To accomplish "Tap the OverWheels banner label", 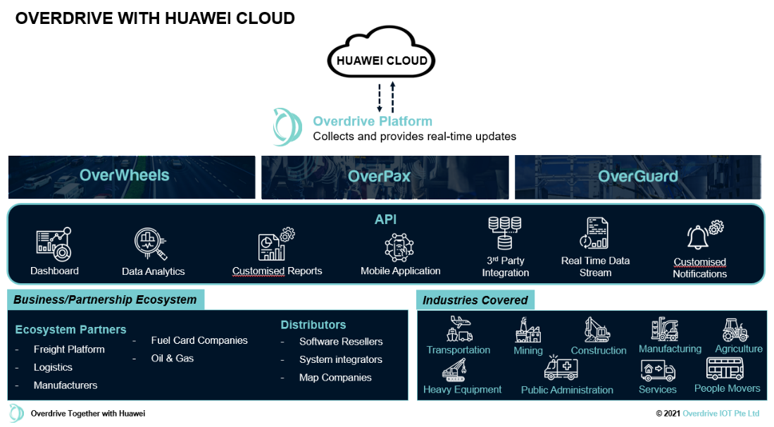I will (x=125, y=175).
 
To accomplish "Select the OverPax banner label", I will (x=379, y=177).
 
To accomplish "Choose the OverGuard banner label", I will (x=638, y=176).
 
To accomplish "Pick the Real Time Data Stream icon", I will (x=594, y=233).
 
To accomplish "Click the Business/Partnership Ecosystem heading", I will (x=105, y=299).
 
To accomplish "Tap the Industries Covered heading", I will (x=475, y=300).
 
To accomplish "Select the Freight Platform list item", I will (x=69, y=349).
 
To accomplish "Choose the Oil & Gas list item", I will (x=173, y=358).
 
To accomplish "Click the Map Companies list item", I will (x=335, y=378).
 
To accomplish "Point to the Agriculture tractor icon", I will (x=735, y=330).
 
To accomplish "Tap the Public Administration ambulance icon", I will (x=561, y=369).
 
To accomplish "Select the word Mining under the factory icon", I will (x=528, y=350).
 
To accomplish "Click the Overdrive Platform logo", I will (x=288, y=127).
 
